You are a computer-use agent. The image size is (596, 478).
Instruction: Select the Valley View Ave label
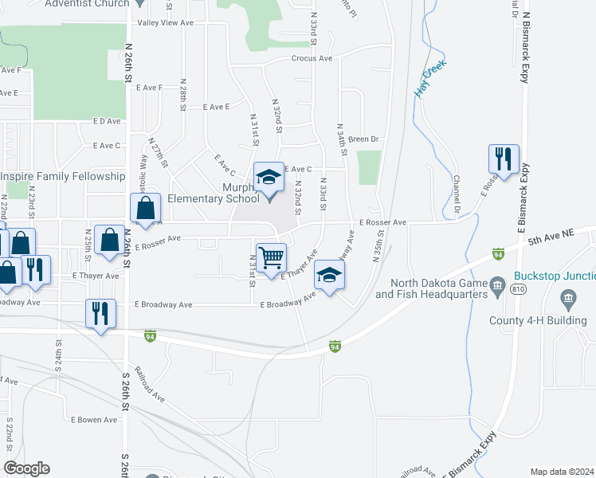click(x=166, y=23)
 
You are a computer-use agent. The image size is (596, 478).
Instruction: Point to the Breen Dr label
click(x=363, y=139)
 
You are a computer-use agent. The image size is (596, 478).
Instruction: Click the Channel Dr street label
click(x=457, y=195)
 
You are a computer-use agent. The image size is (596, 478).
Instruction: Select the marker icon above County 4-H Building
click(x=567, y=301)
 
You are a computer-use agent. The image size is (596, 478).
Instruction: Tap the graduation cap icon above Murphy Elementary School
click(x=269, y=177)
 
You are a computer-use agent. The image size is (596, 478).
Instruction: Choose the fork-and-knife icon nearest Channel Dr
click(x=504, y=159)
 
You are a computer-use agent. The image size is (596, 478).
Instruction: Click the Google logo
click(x=27, y=468)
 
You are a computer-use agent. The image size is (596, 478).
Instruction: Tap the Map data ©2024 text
click(x=562, y=472)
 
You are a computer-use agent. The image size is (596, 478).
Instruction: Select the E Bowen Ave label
click(x=94, y=420)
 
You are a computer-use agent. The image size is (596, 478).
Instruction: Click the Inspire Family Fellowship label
click(x=63, y=176)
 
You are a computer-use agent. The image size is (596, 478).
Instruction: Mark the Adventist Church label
click(x=88, y=4)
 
